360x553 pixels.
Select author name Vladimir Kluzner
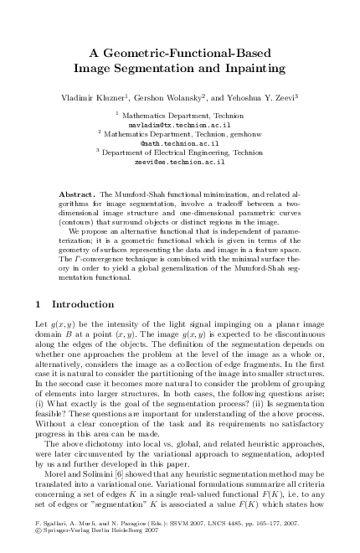(95, 97)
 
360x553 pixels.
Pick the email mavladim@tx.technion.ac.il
(180, 122)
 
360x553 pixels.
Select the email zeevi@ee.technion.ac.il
(180, 162)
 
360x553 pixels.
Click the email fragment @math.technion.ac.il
(180, 142)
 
